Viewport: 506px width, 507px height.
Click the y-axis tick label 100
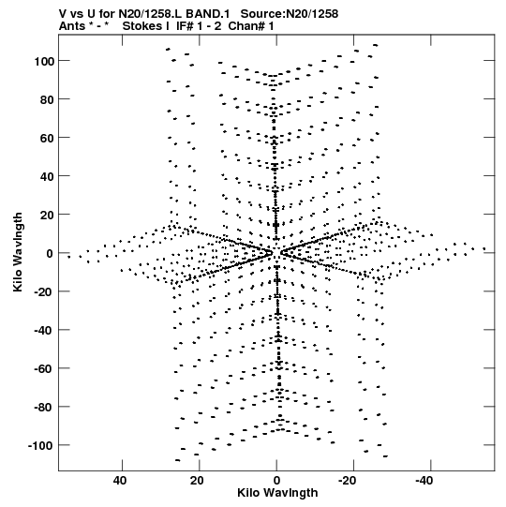tap(44, 61)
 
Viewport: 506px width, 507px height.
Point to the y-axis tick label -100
tap(41, 446)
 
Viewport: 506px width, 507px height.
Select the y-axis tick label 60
tap(47, 138)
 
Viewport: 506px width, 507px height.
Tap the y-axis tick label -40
tap(44, 331)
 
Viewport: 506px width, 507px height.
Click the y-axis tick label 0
tap(50, 253)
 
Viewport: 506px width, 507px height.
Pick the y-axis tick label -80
tap(44, 408)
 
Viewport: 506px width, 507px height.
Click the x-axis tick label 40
tap(120, 481)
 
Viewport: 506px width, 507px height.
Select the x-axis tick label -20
tap(348, 481)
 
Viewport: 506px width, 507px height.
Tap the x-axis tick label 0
tap(276, 481)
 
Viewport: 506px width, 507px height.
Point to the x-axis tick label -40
tap(424, 481)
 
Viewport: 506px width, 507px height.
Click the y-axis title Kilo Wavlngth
tap(18, 252)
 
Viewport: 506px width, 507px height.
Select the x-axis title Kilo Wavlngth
tap(277, 493)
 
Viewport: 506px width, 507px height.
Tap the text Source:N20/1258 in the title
tap(290, 14)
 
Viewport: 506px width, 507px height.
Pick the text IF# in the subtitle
tap(185, 26)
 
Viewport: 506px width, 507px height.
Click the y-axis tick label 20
tap(47, 215)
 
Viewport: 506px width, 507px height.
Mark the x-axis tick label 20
tap(197, 481)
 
